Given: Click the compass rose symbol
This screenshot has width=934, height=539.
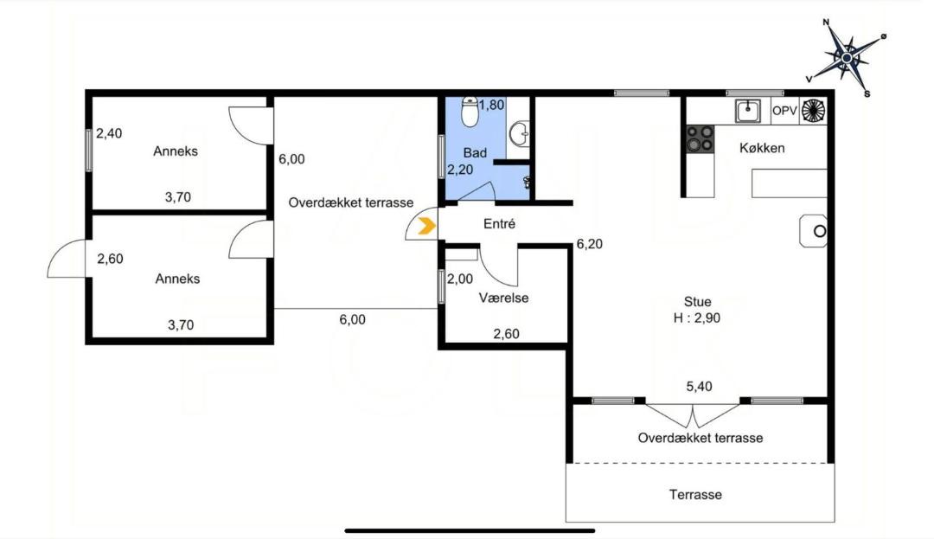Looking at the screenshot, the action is click(x=847, y=57).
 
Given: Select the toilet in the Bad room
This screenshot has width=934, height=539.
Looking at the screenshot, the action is click(x=470, y=112).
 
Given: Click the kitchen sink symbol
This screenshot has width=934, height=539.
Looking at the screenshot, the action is click(x=747, y=111).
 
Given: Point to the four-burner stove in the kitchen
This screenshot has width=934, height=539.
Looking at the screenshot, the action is click(x=700, y=138).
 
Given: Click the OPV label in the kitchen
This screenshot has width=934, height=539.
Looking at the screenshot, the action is click(x=784, y=111).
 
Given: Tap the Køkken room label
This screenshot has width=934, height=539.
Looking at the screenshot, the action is click(x=762, y=148).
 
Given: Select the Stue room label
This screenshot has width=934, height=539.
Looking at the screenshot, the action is click(x=698, y=301).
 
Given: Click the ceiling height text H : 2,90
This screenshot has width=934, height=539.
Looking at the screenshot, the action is click(x=697, y=318).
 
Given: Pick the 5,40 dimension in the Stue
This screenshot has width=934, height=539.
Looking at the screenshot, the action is click(x=700, y=387).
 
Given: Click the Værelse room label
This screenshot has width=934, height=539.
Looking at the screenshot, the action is click(x=504, y=298).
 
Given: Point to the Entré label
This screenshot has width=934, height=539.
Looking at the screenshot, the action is click(x=499, y=224).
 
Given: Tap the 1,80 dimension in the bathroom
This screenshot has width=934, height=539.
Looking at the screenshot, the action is click(x=492, y=106).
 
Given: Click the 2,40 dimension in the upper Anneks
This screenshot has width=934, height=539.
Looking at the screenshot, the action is click(x=109, y=133).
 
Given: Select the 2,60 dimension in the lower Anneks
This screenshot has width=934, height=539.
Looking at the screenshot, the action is click(x=110, y=259).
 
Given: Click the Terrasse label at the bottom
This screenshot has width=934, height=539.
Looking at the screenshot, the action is click(x=695, y=494).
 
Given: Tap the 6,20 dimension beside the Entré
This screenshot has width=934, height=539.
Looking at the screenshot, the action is click(x=589, y=244).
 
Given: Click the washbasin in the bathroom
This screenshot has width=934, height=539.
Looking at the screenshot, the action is click(x=519, y=133).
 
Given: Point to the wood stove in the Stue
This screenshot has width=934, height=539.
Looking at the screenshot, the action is click(x=813, y=231).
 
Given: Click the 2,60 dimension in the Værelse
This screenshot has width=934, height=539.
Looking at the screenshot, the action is click(x=506, y=334).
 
